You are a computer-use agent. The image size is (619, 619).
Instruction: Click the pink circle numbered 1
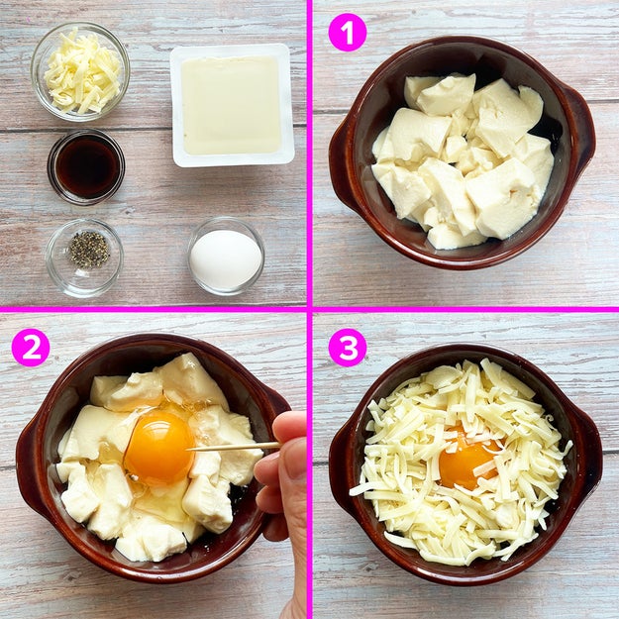(348, 32)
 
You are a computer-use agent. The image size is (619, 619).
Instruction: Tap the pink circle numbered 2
(31, 348)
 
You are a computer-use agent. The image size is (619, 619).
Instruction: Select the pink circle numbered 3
(348, 348)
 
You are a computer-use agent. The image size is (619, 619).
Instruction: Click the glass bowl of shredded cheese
(80, 71)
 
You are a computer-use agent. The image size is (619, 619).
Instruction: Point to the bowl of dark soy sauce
(86, 166)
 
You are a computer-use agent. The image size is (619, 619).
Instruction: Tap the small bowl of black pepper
(84, 258)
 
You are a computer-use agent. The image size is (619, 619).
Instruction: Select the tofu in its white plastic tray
(232, 105)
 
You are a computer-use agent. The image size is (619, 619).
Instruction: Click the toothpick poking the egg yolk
(234, 447)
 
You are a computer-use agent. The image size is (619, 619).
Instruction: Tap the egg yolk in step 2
(159, 448)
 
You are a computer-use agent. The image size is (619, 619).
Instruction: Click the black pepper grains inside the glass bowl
(89, 250)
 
